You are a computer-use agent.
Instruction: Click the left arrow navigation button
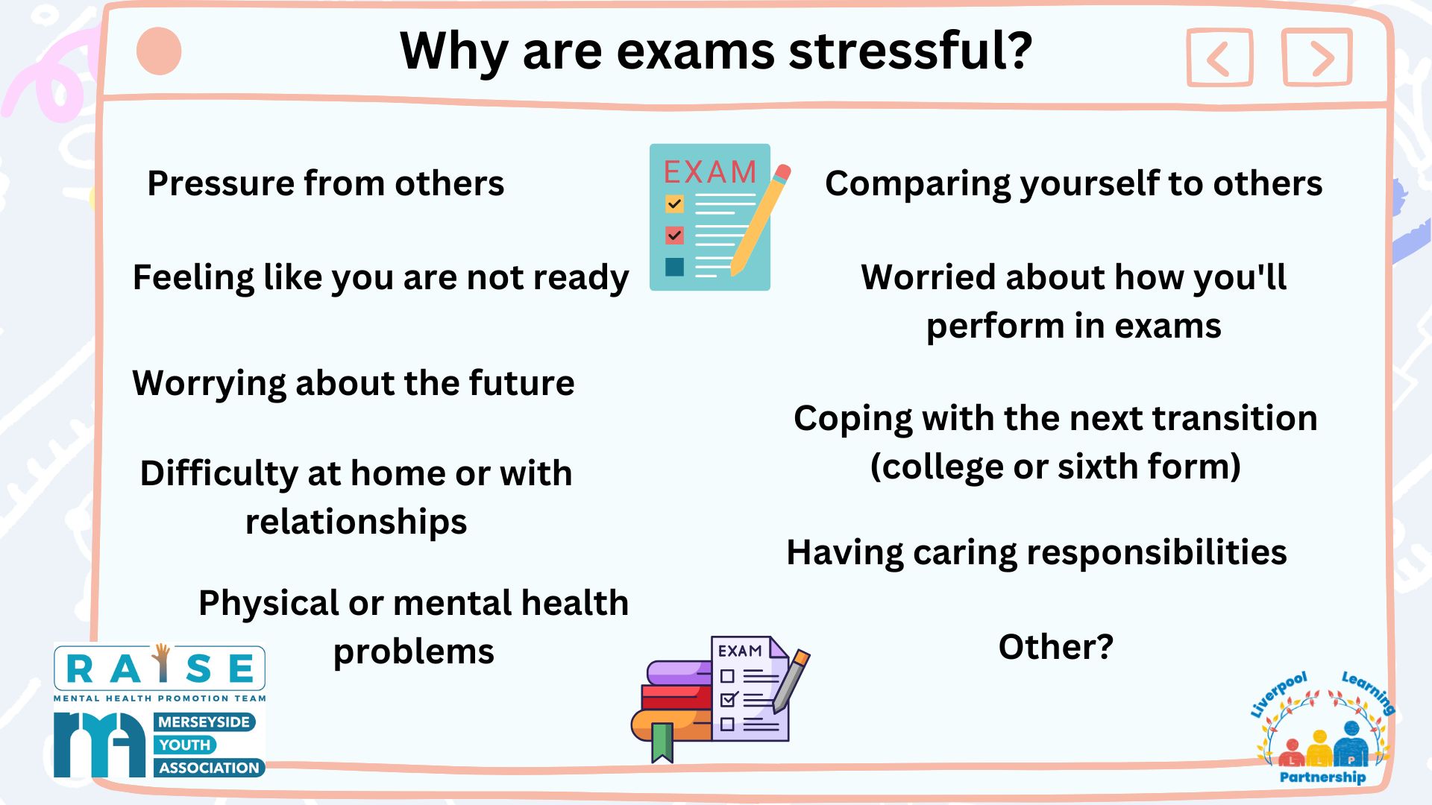[x=1219, y=58]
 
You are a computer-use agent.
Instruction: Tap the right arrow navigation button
[x=1317, y=57]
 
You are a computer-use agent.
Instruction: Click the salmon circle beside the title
[x=159, y=51]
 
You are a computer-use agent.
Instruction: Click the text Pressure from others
[x=326, y=183]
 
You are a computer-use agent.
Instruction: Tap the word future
[x=521, y=383]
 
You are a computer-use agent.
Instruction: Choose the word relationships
[x=357, y=522]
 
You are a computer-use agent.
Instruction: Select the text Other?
[x=1055, y=646]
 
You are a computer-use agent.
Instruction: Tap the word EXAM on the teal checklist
[x=710, y=172]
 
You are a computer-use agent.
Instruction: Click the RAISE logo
[x=160, y=672]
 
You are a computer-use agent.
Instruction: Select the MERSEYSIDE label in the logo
[x=204, y=722]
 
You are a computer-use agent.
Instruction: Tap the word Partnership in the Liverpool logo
[x=1322, y=777]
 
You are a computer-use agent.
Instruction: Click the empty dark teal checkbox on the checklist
[x=674, y=267]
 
